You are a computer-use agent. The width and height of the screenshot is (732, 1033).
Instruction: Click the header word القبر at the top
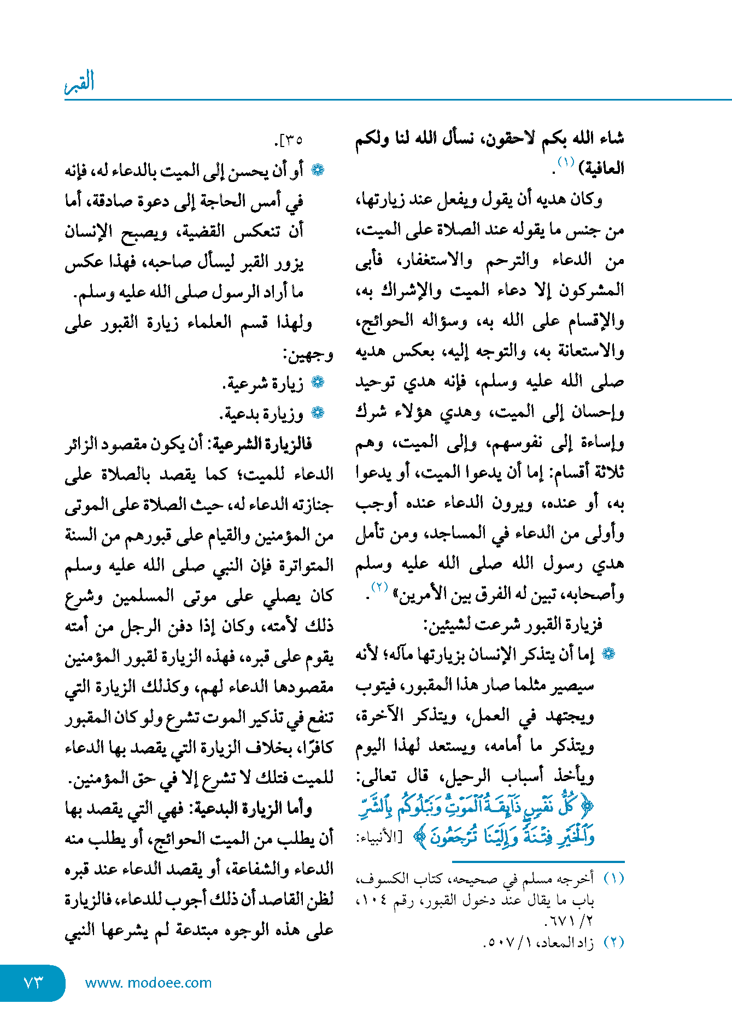tap(80, 82)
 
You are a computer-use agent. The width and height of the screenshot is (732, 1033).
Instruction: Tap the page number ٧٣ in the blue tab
tap(33, 983)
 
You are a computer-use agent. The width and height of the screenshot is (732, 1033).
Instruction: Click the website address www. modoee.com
tap(148, 983)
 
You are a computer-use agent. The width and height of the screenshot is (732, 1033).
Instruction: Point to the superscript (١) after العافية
tap(565, 162)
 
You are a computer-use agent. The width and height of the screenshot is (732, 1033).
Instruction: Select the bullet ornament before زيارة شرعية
tap(318, 383)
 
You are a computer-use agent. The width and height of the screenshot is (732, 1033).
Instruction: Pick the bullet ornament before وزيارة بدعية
tap(318, 413)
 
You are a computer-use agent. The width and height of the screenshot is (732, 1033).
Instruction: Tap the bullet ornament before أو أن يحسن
tap(318, 170)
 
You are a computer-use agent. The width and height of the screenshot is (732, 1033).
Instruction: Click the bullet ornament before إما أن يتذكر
tap(608, 654)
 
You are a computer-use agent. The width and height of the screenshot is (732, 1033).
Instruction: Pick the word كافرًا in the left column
tap(315, 747)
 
